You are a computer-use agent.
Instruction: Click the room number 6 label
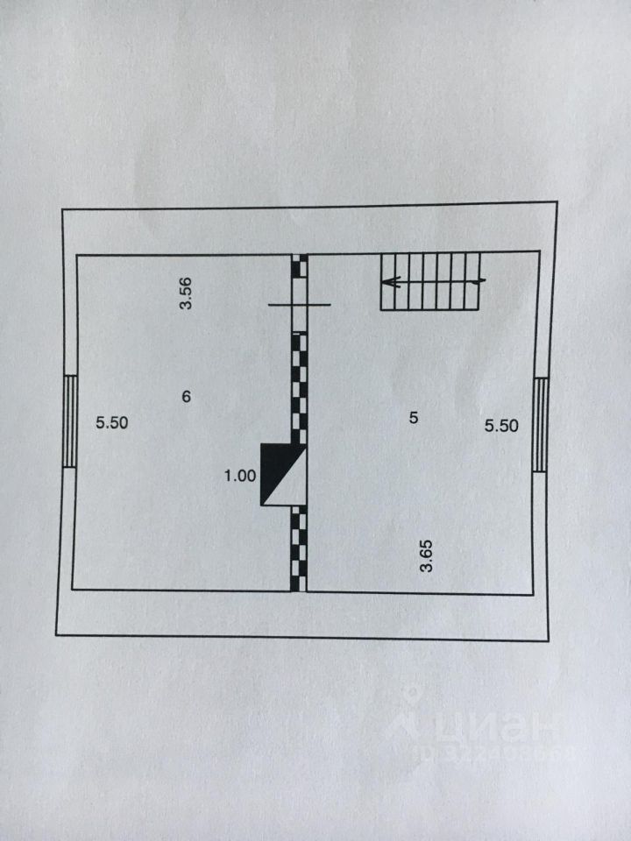click(186, 397)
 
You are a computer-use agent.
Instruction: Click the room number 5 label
click(414, 418)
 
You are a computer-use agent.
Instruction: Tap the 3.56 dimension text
click(186, 293)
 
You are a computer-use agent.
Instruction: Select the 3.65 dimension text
click(427, 556)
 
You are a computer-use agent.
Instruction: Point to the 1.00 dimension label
click(240, 476)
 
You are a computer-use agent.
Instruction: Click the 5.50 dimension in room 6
click(112, 422)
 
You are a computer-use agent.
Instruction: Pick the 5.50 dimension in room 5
click(502, 426)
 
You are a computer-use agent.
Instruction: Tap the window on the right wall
click(541, 423)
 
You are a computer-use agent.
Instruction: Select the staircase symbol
click(431, 281)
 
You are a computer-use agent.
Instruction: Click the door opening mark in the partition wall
click(300, 304)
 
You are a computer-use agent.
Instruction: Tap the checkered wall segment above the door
click(300, 265)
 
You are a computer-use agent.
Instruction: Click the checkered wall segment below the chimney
click(300, 550)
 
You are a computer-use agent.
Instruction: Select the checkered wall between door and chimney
click(300, 385)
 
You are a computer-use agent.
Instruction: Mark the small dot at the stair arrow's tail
click(483, 281)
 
